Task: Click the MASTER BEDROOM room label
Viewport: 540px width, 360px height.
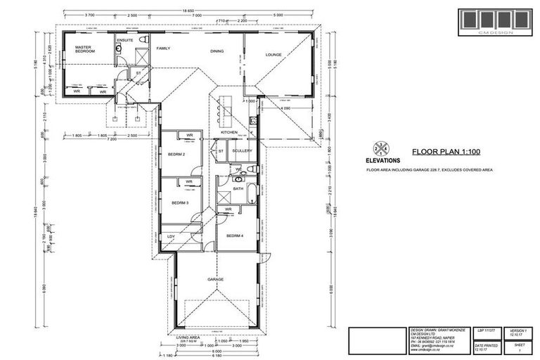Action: pyautogui.click(x=86, y=50)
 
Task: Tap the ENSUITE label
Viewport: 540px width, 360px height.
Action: pyautogui.click(x=124, y=41)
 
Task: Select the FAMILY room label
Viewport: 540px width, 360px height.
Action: pyautogui.click(x=163, y=49)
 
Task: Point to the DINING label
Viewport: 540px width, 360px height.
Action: pyautogui.click(x=217, y=51)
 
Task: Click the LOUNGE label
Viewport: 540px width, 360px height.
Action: pyautogui.click(x=273, y=54)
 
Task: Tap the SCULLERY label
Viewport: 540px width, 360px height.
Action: pyautogui.click(x=243, y=150)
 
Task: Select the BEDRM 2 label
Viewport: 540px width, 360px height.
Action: pyautogui.click(x=176, y=154)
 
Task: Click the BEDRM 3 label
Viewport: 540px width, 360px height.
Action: pyautogui.click(x=180, y=202)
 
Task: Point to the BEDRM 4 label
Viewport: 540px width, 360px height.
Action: pyautogui.click(x=233, y=236)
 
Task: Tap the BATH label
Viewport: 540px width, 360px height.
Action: pyautogui.click(x=238, y=188)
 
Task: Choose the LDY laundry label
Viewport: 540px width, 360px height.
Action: pyautogui.click(x=171, y=236)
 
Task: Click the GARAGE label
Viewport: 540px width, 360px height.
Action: pyautogui.click(x=215, y=279)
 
